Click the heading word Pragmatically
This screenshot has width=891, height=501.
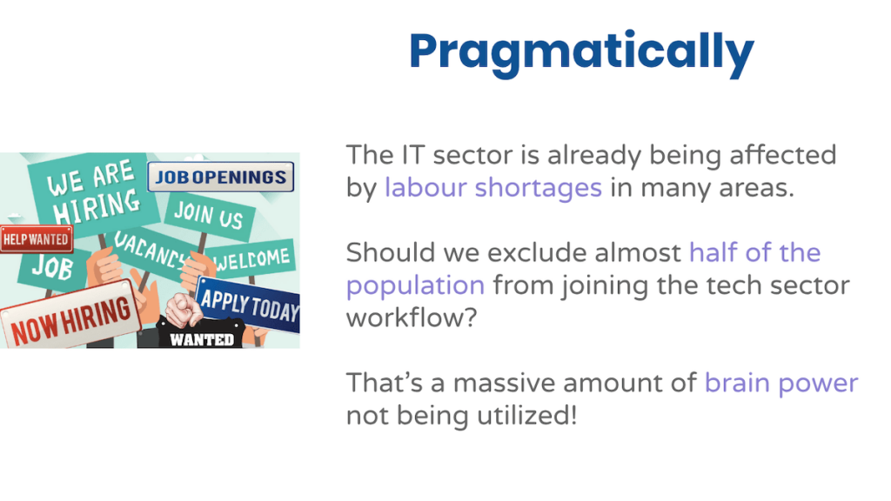[581, 52]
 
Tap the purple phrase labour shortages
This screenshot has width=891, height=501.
[493, 188]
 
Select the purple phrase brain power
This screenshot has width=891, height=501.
[781, 384]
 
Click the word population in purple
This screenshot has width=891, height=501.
[415, 285]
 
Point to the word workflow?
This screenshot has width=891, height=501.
[412, 317]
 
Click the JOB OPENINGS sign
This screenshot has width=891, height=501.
[220, 177]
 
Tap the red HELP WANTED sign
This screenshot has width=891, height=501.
[37, 239]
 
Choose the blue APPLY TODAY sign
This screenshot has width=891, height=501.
[248, 304]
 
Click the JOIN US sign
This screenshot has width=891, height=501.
[209, 217]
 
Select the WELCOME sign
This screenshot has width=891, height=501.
[250, 259]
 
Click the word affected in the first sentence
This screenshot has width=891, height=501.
[783, 155]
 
